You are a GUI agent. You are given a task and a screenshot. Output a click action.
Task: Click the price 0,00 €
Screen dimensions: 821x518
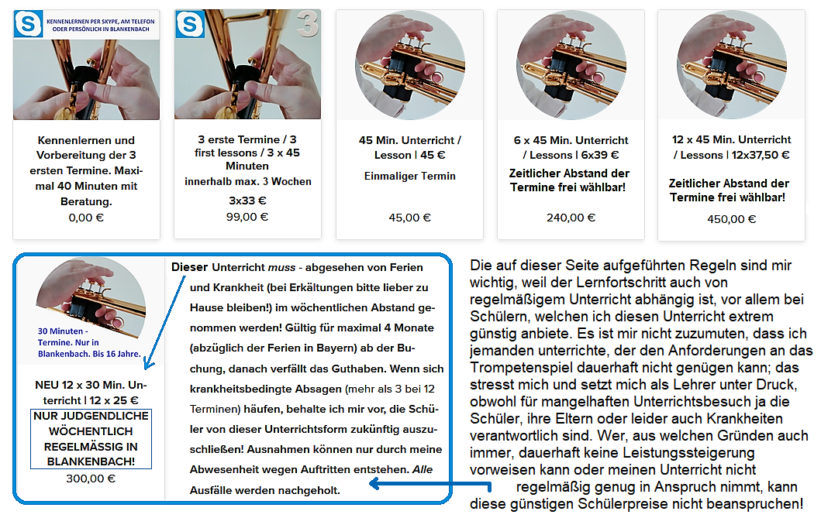[86, 218]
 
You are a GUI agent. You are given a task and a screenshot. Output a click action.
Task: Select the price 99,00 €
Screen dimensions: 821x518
[247, 216]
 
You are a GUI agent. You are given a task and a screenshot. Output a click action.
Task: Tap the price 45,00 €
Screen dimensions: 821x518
[409, 218]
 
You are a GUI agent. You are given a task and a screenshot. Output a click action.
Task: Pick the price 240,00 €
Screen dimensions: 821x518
[571, 218]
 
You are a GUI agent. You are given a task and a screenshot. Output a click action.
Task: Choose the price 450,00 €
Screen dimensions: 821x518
[732, 219]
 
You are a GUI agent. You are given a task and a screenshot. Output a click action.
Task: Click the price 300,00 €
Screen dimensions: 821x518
[91, 479]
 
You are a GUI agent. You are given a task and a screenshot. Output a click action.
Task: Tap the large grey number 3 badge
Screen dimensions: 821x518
[307, 24]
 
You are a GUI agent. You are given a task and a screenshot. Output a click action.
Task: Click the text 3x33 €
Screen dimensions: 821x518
[247, 201]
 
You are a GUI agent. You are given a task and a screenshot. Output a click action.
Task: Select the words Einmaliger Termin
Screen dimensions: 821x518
[410, 177]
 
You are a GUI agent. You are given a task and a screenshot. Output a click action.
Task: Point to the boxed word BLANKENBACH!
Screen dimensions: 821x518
[91, 461]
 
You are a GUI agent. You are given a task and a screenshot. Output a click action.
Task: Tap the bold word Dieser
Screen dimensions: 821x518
[189, 267]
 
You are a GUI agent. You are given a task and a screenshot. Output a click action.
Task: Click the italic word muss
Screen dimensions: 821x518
[281, 268]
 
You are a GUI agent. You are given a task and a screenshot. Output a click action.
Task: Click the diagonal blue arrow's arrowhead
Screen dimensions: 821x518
[148, 364]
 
